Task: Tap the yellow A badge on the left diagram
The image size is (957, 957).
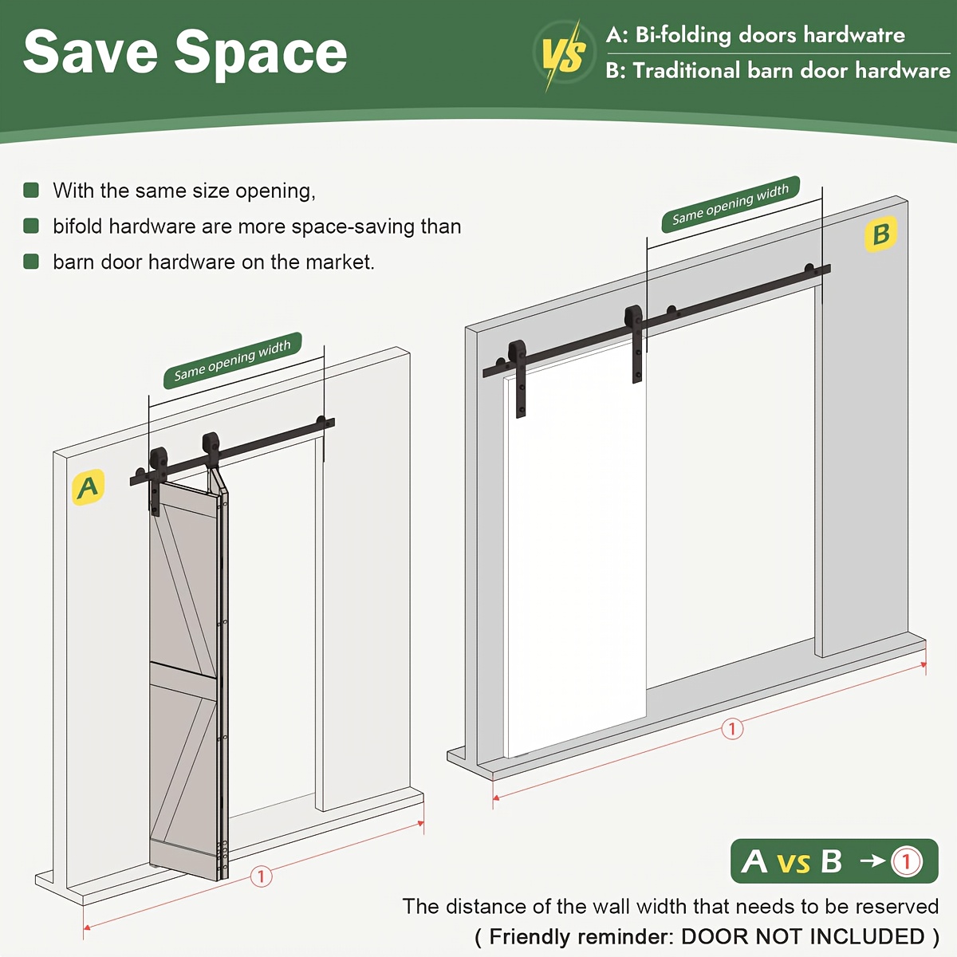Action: point(89,487)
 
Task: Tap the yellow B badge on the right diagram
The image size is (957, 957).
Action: point(880,234)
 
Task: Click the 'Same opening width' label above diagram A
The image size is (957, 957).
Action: point(232,360)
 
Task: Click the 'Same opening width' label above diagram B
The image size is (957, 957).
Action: point(731,204)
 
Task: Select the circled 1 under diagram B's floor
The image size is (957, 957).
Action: point(732,729)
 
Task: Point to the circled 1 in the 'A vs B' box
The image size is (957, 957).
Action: point(906,861)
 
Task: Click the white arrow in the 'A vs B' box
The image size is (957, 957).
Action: point(873,861)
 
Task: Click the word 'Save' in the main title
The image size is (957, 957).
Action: point(90,53)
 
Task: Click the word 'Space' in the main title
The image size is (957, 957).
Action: point(260,56)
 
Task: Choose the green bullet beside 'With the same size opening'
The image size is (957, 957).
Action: point(31,191)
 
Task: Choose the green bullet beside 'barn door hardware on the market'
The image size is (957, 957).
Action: point(31,262)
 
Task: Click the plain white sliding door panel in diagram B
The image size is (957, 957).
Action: point(575,546)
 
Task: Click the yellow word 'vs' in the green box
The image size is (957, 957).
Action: point(794,863)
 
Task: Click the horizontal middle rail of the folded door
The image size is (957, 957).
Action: point(183,674)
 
